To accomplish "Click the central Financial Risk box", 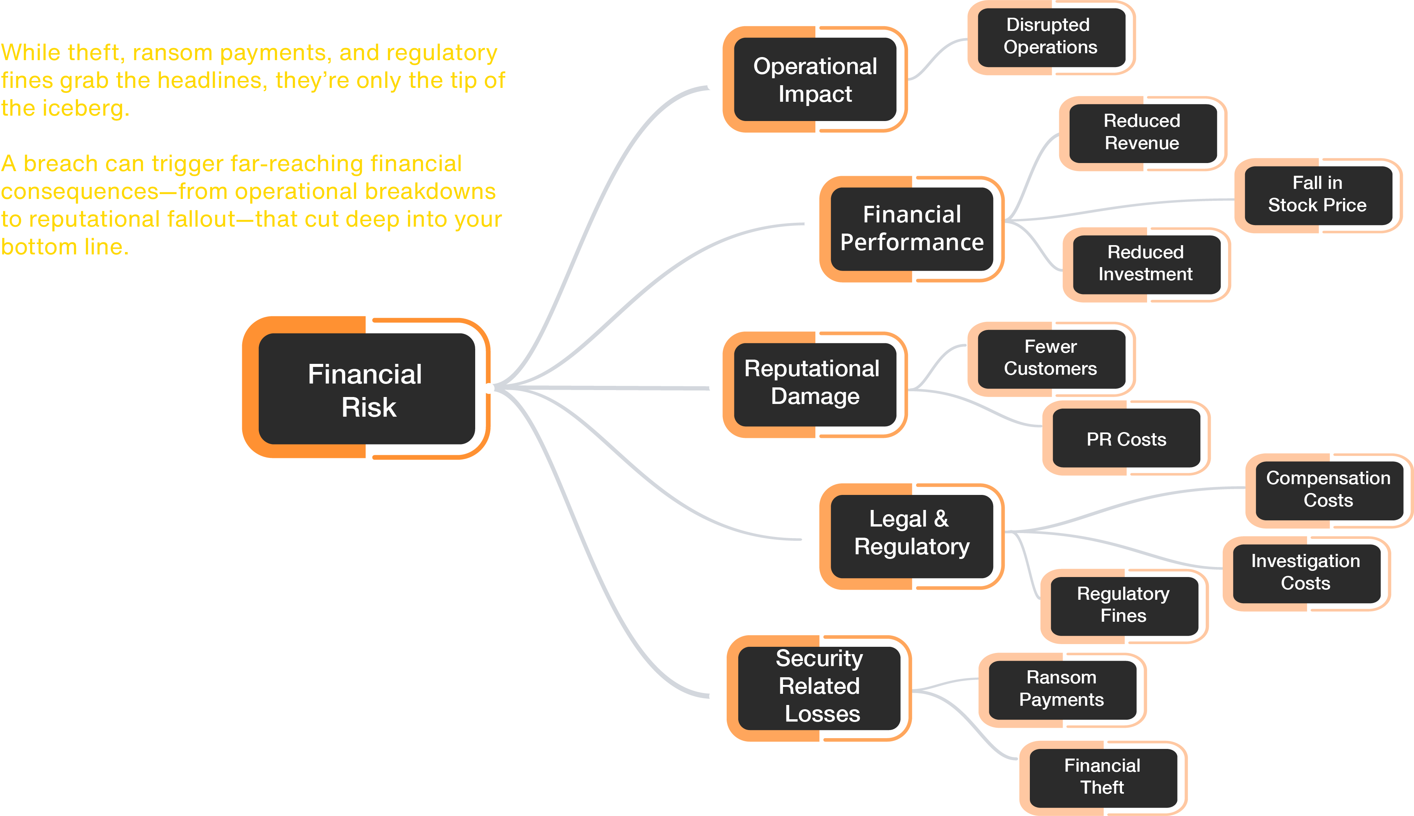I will (367, 389).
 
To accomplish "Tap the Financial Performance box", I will (912, 229).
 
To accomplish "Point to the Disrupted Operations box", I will (1051, 37).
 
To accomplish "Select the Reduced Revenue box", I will (1142, 132).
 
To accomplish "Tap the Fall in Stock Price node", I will (1318, 195).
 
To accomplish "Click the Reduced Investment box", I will (1146, 263).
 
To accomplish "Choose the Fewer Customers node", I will (1051, 358).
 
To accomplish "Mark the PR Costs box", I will (1126, 439).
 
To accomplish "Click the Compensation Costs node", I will (1328, 489).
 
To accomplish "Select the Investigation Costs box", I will (1306, 573).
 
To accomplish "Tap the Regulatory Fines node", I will (1124, 605).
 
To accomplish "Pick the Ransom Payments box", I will (1061, 689).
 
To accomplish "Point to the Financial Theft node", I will (1102, 777).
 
